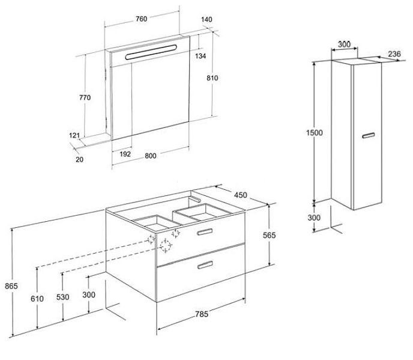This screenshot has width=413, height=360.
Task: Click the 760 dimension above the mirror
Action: [x=142, y=19]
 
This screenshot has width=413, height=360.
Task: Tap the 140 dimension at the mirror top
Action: [x=206, y=19]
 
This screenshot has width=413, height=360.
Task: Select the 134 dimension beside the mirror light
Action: [x=200, y=56]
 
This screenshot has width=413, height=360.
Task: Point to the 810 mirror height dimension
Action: [x=213, y=78]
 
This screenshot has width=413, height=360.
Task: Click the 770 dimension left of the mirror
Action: [x=85, y=97]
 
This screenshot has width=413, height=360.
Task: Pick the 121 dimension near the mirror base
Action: [x=74, y=135]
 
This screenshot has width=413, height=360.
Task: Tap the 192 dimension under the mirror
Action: [x=125, y=154]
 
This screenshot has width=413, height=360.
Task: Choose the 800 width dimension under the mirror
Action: [x=151, y=156]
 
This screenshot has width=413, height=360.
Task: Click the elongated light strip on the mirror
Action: [x=151, y=52]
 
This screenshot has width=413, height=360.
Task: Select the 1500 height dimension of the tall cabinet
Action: [x=314, y=132]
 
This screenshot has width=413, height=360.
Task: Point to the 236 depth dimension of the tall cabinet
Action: [x=394, y=54]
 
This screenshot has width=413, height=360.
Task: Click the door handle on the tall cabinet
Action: [x=368, y=135]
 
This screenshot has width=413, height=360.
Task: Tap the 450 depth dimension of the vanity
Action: [x=241, y=195]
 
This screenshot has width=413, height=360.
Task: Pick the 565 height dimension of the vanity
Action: [x=269, y=235]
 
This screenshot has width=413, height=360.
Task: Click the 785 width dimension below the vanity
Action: [x=202, y=314]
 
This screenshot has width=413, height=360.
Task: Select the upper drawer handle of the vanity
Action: [x=205, y=231]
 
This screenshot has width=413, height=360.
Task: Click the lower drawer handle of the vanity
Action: [x=205, y=265]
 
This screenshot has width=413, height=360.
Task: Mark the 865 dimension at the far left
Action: [x=11, y=285]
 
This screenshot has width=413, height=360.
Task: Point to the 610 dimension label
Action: [x=37, y=299]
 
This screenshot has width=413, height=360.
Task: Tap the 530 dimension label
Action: [x=62, y=297]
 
